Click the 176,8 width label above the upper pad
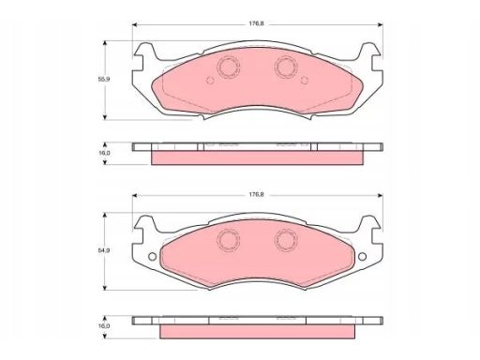(x=256, y=23)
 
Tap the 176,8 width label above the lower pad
(x=256, y=194)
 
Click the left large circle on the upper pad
(x=228, y=67)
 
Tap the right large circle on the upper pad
(x=286, y=67)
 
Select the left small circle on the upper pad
(x=210, y=81)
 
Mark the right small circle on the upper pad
(x=305, y=81)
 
